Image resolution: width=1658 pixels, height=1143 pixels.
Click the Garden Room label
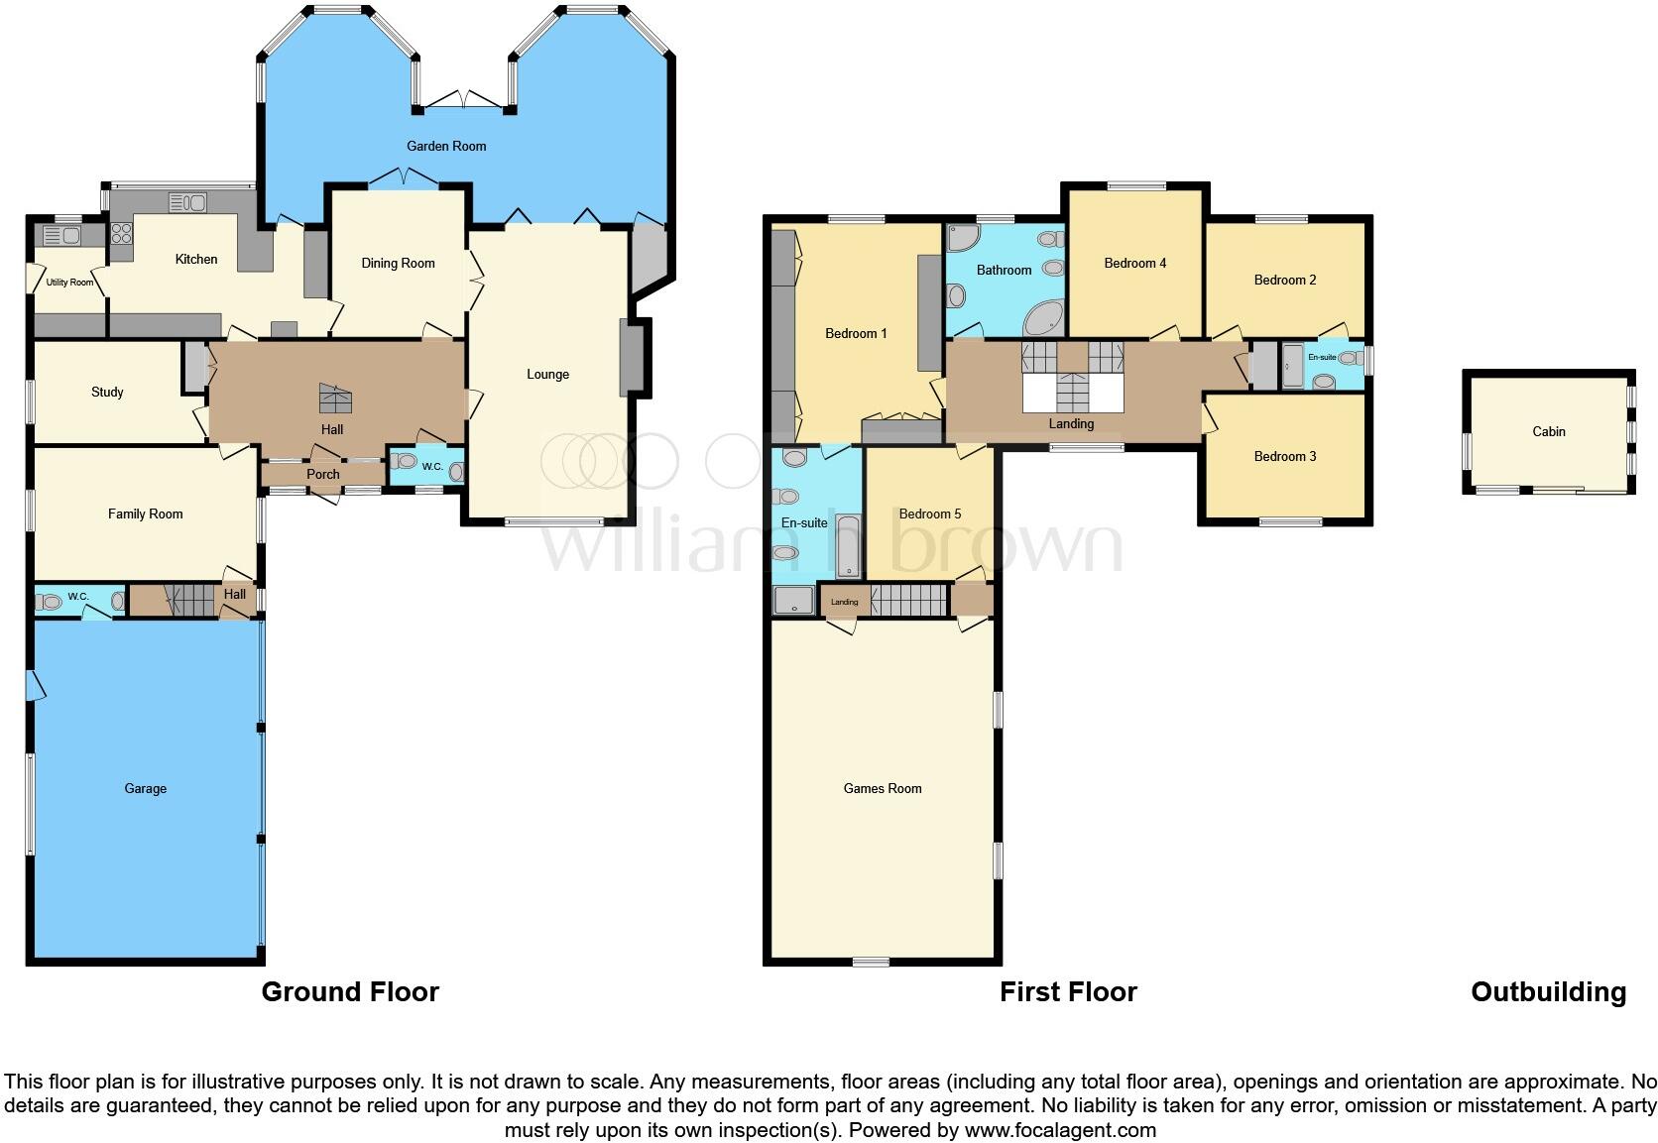click(446, 146)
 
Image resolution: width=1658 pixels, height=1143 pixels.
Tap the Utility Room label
click(69, 283)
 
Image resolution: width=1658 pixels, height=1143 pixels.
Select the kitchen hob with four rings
click(121, 235)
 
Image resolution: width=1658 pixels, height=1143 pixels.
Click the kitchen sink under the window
click(187, 203)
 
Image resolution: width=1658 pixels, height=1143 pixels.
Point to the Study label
click(107, 392)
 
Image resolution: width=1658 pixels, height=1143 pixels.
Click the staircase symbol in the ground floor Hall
click(334, 399)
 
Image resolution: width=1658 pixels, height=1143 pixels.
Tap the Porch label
click(323, 474)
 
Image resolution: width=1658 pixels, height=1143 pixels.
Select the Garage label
click(145, 788)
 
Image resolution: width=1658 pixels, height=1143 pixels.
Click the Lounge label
click(547, 374)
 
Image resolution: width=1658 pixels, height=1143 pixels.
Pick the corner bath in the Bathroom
click(1043, 319)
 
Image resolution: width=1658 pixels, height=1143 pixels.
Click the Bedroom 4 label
click(1134, 263)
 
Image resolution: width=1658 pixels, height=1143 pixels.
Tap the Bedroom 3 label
click(1284, 456)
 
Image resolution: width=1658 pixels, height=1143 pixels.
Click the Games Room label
click(882, 788)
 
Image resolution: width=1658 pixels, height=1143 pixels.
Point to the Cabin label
click(1548, 431)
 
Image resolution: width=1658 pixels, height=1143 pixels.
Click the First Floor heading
click(1067, 991)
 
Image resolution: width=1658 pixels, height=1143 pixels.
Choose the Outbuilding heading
click(1548, 991)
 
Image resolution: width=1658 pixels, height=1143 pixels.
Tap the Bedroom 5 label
click(929, 514)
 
